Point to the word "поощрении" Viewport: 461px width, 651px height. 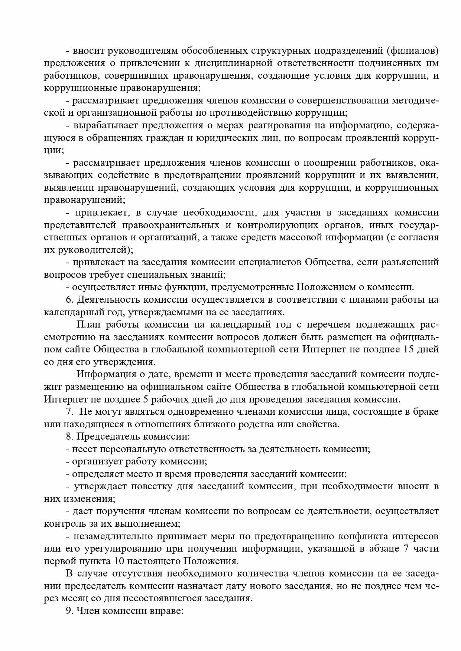pyautogui.click(x=327, y=163)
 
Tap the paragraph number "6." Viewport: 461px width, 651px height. pyautogui.click(x=70, y=300)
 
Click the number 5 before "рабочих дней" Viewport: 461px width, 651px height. pyautogui.click(x=145, y=399)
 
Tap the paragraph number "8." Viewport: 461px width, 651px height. pyautogui.click(x=70, y=437)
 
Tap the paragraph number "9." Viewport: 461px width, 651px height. pyautogui.click(x=70, y=611)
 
